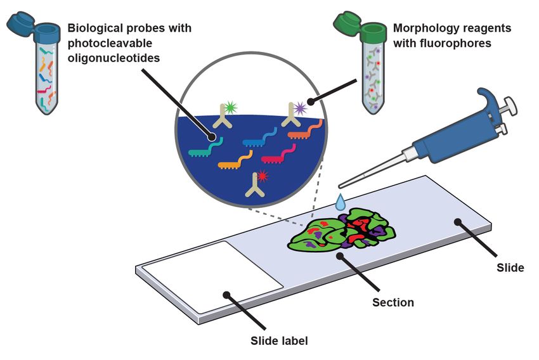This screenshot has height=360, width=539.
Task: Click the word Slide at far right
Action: (510, 267)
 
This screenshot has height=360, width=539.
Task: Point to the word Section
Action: (393, 302)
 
